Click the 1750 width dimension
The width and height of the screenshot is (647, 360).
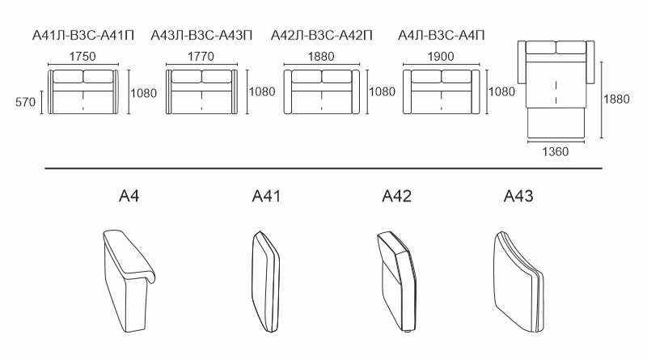click(82, 57)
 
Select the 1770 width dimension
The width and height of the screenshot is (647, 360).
click(201, 57)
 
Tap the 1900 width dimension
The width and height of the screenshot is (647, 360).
click(441, 57)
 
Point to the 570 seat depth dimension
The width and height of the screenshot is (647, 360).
click(26, 102)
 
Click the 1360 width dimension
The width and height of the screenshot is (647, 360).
click(555, 152)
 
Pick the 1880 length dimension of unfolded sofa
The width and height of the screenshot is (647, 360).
click(616, 99)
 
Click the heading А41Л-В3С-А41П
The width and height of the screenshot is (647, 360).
click(83, 36)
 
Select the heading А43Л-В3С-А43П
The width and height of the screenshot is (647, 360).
click(201, 36)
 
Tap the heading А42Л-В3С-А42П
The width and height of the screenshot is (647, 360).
click(321, 36)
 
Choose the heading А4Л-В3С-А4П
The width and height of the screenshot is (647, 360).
click(441, 36)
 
